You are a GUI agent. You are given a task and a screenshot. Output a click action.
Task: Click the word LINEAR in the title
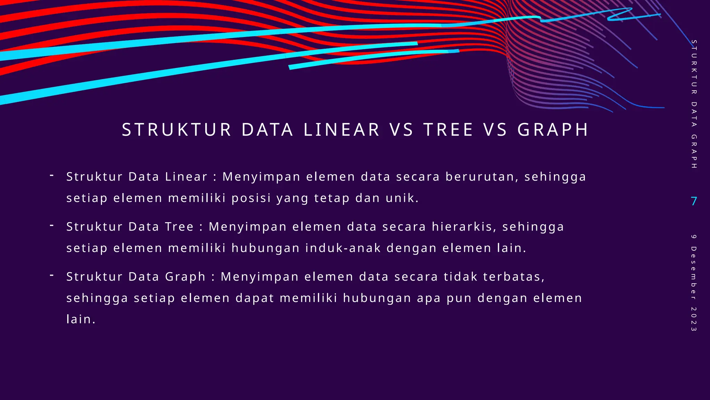click(341, 130)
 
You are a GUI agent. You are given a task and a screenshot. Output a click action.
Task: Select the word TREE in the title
click(448, 130)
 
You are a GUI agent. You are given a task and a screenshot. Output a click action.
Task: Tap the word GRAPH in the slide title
click(553, 130)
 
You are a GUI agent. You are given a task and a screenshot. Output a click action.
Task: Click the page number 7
click(694, 201)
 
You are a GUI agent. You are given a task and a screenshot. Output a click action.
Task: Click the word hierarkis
click(464, 227)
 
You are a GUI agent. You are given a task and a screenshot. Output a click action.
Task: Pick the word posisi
click(251, 198)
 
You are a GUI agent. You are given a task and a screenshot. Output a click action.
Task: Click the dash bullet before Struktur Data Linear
click(52, 176)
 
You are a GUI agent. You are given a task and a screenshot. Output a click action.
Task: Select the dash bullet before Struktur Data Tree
click(52, 226)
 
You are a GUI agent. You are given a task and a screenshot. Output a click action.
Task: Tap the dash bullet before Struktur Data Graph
click(52, 276)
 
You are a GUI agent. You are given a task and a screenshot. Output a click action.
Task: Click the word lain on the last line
click(80, 319)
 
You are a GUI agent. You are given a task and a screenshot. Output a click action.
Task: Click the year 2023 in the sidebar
click(693, 319)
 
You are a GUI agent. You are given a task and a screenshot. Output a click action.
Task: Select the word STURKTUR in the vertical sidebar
click(694, 67)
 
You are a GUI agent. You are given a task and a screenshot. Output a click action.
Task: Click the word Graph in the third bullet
click(185, 277)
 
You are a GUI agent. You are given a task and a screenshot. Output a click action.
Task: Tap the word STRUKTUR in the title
click(176, 130)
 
